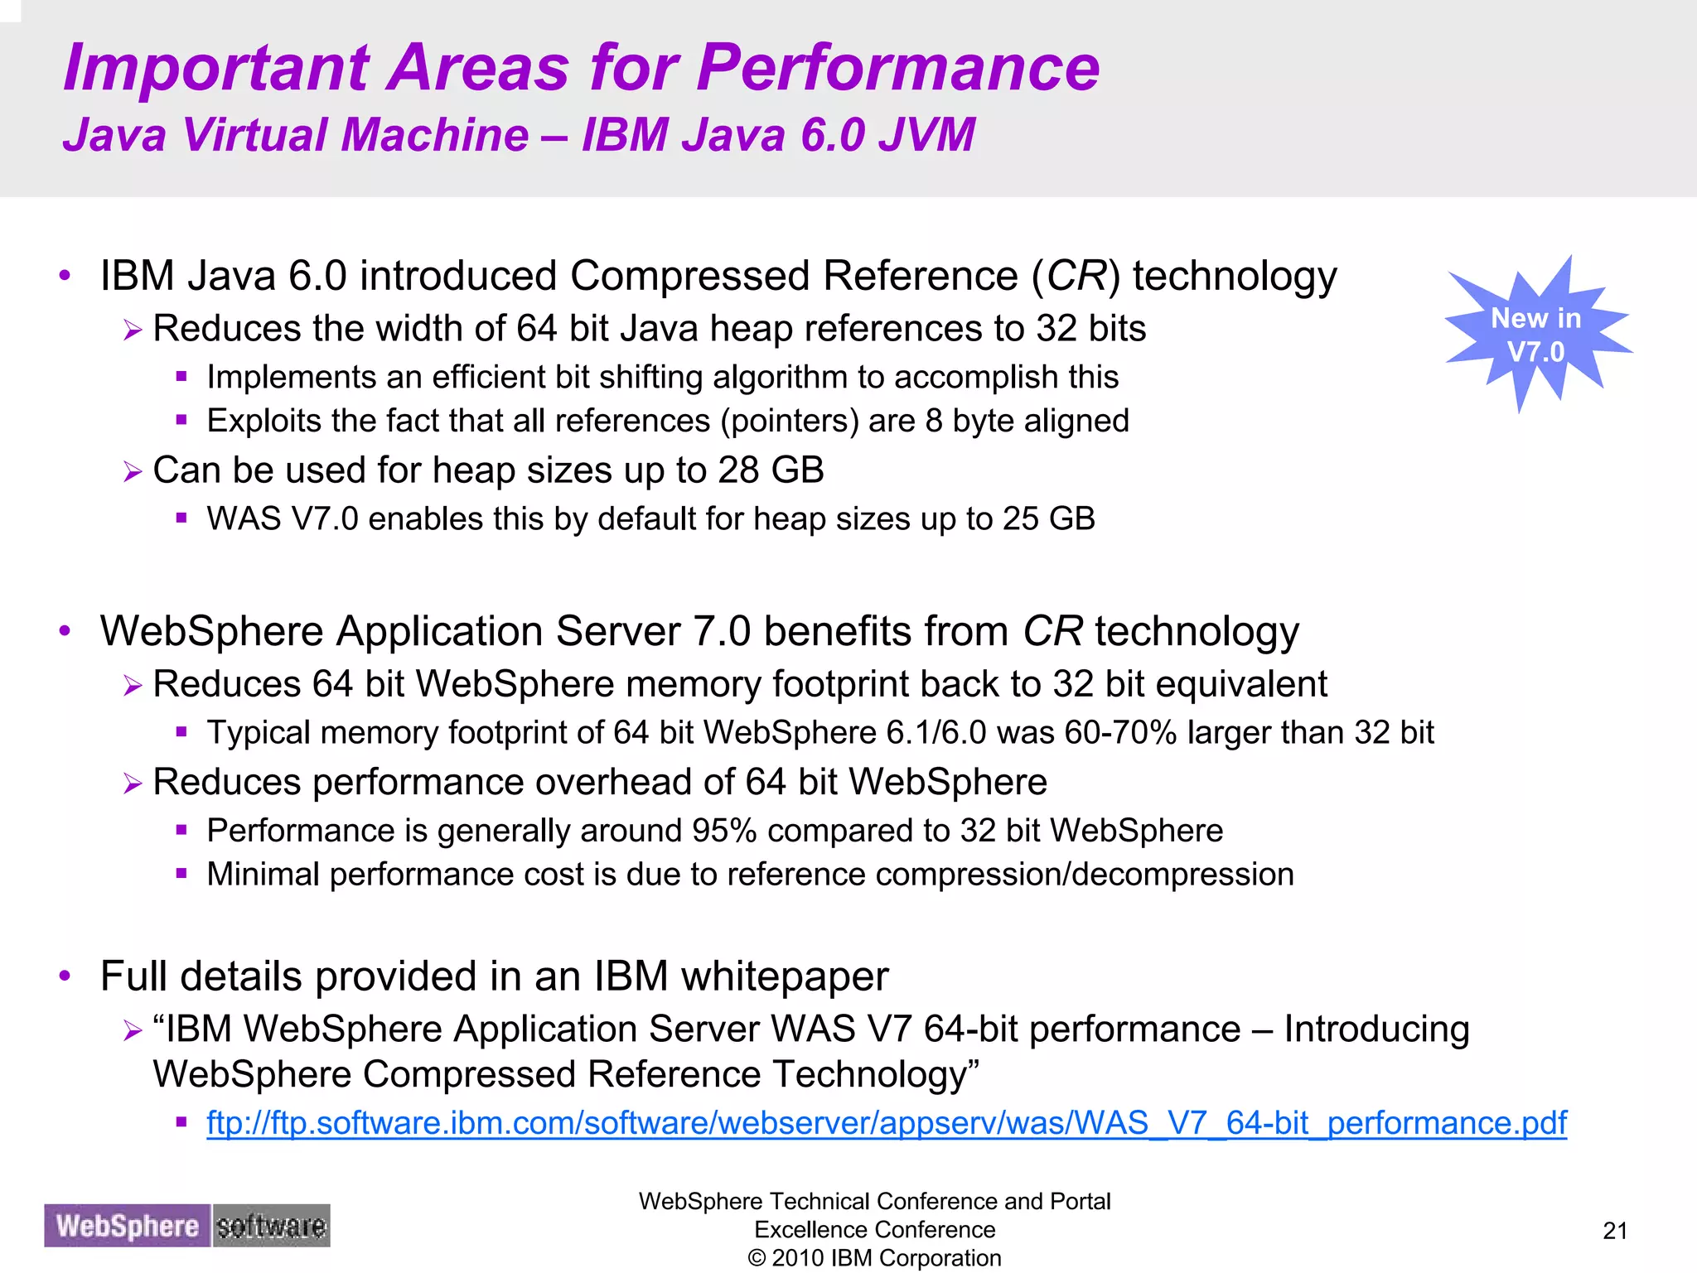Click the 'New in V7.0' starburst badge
click(1536, 335)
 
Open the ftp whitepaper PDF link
click(886, 1123)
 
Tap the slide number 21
click(1615, 1231)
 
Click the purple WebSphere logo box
click(128, 1226)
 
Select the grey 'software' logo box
click(271, 1226)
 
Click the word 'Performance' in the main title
click(897, 68)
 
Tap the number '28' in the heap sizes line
click(738, 470)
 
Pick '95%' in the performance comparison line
click(724, 831)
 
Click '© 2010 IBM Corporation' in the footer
click(874, 1258)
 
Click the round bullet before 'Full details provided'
click(65, 976)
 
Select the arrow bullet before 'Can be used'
click(133, 472)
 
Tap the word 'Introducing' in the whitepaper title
click(1376, 1029)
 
